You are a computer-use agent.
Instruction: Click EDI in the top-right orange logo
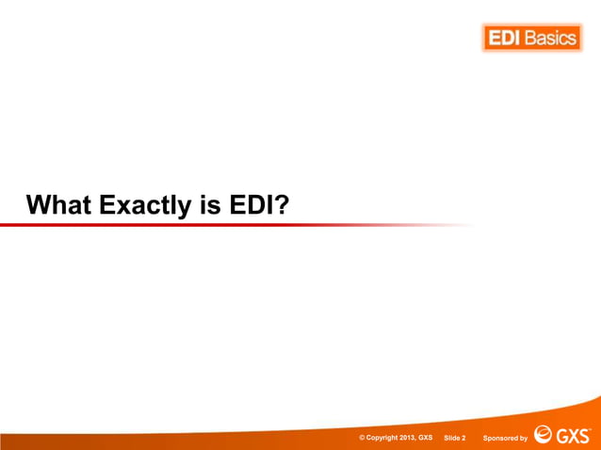click(504, 39)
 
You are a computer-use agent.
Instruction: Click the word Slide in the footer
click(451, 438)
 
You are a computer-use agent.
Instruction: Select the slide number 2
click(464, 438)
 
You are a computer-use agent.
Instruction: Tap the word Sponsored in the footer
click(499, 438)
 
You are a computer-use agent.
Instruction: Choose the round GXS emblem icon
click(544, 435)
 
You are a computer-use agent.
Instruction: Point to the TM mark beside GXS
click(591, 429)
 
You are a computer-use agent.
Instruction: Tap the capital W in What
click(39, 204)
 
